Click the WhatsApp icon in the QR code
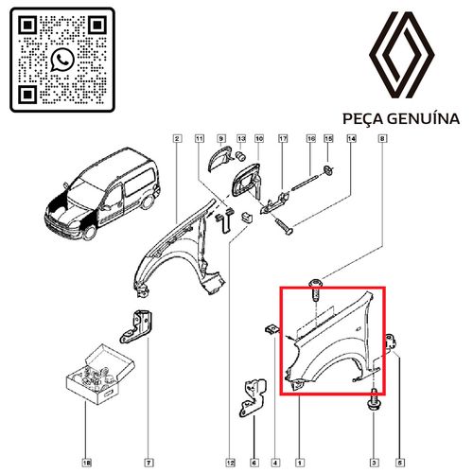click(x=61, y=60)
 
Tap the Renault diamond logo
click(x=402, y=55)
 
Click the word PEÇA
click(x=362, y=119)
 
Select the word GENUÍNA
click(x=423, y=118)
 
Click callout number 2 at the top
click(x=178, y=138)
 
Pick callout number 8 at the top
click(x=382, y=138)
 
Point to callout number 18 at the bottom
click(x=87, y=463)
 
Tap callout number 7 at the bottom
click(x=149, y=463)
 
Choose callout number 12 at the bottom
click(x=230, y=463)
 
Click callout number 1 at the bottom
click(x=300, y=463)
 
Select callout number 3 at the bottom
click(x=374, y=463)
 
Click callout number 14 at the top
click(x=351, y=138)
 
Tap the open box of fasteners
click(x=100, y=375)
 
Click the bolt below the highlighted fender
click(x=374, y=400)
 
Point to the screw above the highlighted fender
click(x=316, y=289)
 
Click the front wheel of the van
click(x=90, y=231)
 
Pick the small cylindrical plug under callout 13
click(x=241, y=155)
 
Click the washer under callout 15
click(x=328, y=170)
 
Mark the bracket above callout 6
click(x=253, y=398)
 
